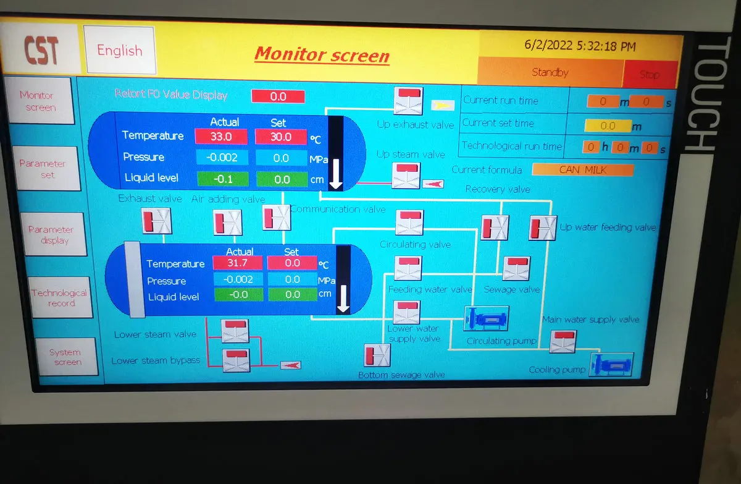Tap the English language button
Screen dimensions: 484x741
click(x=119, y=51)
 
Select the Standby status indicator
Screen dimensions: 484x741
click(x=550, y=73)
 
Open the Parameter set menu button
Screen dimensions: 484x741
click(x=42, y=169)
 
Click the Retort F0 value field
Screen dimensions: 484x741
click(x=278, y=96)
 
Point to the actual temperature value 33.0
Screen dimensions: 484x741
click(x=221, y=136)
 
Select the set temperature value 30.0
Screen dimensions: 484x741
click(x=280, y=136)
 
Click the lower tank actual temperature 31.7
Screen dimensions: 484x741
click(x=238, y=263)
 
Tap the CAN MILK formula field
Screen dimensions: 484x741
click(x=582, y=169)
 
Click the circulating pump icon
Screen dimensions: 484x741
click(x=486, y=319)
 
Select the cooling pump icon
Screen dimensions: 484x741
click(x=612, y=363)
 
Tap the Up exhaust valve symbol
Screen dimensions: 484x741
click(x=408, y=101)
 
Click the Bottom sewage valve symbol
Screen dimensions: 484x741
click(x=377, y=355)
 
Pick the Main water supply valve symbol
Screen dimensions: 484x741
click(x=563, y=341)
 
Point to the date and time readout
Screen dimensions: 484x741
click(x=580, y=46)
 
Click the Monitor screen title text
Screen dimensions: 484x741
click(x=322, y=54)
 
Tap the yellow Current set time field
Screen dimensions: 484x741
click(x=608, y=126)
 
